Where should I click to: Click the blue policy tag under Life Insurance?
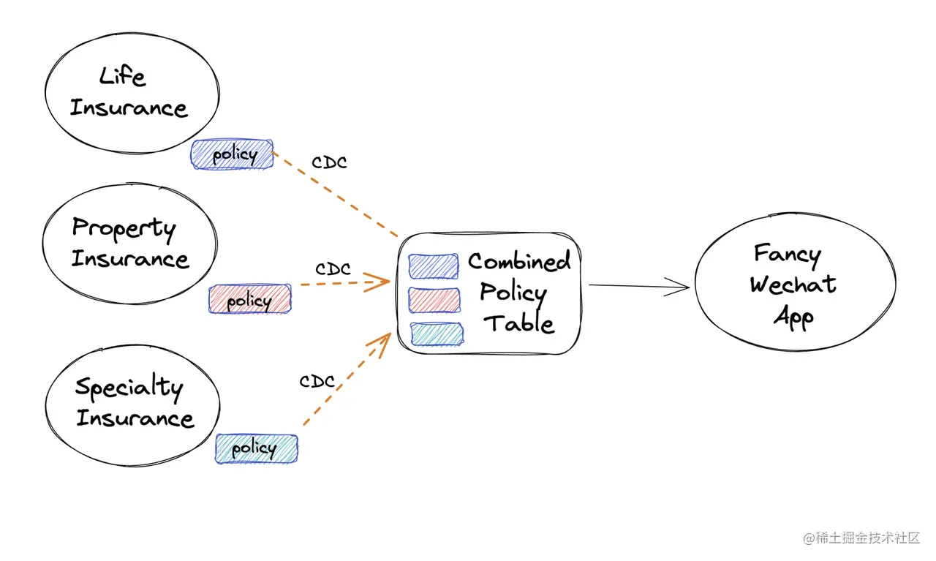pos(233,155)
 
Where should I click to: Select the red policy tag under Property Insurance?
pos(249,300)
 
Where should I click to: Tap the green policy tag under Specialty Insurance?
pos(256,448)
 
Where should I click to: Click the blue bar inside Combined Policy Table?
pos(434,267)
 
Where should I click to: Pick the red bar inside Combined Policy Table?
pos(434,301)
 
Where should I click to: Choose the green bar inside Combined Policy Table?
pos(437,334)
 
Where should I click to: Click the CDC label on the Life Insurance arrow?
pos(329,162)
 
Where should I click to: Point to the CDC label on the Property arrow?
pos(333,269)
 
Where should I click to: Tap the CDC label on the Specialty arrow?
pos(317,382)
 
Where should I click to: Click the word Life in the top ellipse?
pos(122,76)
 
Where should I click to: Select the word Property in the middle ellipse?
pos(124,229)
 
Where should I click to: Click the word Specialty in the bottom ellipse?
pos(129,388)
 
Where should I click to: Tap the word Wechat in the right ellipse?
pos(793,285)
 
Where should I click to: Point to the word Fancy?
pos(787,254)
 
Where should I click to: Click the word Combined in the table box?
pos(519,261)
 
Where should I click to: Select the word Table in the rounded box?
pos(520,323)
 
